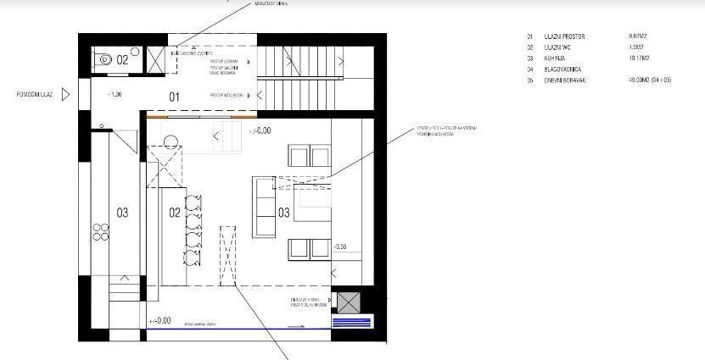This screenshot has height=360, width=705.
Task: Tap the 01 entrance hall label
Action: [172, 97]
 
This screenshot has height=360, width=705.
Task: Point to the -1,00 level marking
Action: [115, 95]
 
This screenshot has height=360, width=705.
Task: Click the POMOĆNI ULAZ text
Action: [27, 95]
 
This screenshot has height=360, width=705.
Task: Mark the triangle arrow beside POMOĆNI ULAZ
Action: [66, 95]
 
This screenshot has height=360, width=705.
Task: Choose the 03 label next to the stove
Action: [122, 212]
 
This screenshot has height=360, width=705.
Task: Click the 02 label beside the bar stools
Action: [174, 211]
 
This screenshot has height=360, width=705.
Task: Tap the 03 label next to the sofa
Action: [284, 211]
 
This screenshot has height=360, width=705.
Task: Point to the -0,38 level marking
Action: [340, 246]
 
